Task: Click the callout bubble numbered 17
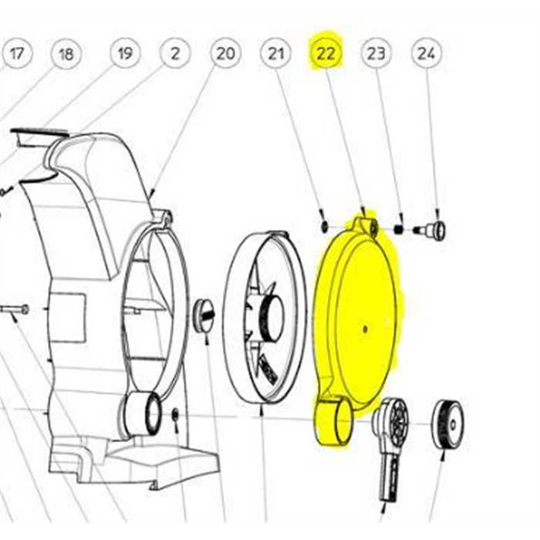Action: click(x=17, y=54)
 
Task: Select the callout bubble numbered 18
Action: click(x=66, y=54)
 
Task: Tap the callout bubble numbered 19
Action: click(x=125, y=54)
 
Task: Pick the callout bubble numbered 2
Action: click(x=176, y=54)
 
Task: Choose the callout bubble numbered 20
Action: click(x=225, y=54)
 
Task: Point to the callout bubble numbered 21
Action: click(x=275, y=54)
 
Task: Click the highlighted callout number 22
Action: click(x=326, y=54)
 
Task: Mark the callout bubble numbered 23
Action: click(x=376, y=54)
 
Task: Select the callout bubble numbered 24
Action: click(x=426, y=54)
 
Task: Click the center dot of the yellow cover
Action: click(x=364, y=327)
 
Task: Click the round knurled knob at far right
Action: click(x=447, y=424)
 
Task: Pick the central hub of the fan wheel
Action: click(x=270, y=317)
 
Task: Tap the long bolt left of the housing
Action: click(x=15, y=310)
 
